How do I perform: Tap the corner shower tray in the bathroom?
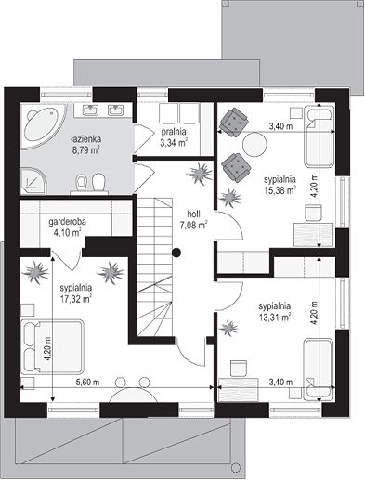point(33,181)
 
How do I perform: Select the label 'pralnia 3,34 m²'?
point(174,136)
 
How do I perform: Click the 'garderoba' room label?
point(68,222)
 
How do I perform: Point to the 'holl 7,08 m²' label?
point(193,219)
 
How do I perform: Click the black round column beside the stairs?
point(176,253)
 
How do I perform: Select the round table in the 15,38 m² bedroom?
point(254,144)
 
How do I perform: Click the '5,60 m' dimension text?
point(88,383)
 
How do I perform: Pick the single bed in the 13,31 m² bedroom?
point(319,370)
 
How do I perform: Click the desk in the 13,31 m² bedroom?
point(239,390)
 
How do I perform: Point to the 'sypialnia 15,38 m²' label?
point(280,185)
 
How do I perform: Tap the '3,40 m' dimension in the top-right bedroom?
point(280,126)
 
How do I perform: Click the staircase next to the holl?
point(154,266)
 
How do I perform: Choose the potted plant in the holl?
point(200,173)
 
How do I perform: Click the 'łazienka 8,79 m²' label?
point(85,144)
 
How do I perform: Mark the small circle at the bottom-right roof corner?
point(236,467)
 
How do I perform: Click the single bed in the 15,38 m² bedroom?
point(319,136)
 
